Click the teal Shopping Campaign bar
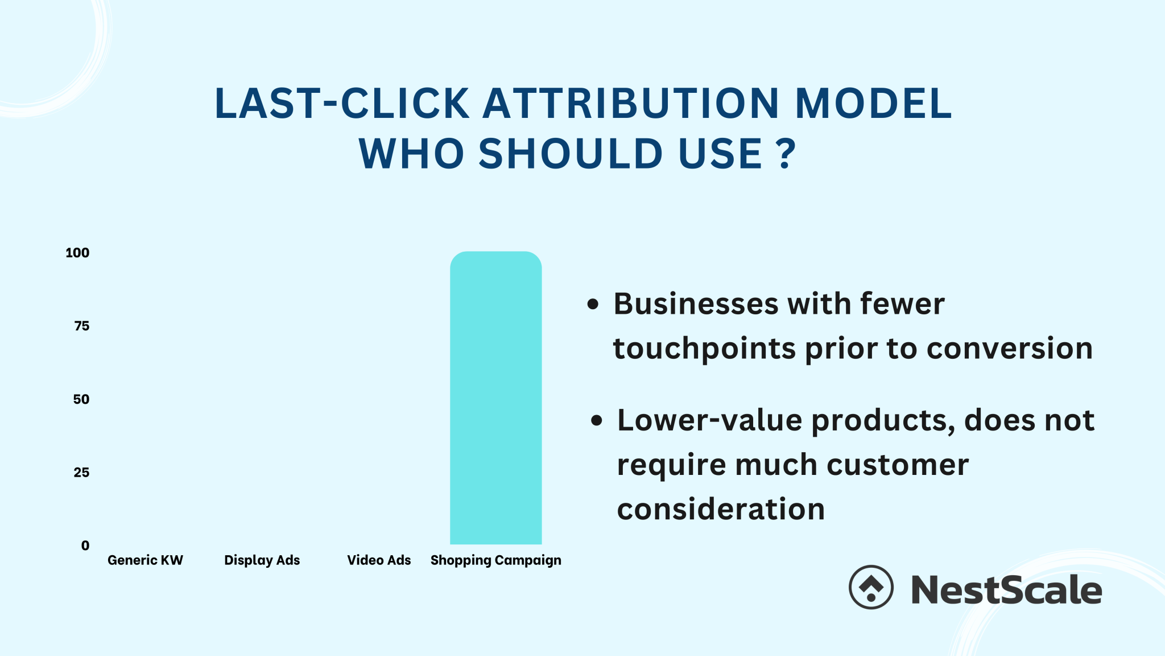pyautogui.click(x=495, y=398)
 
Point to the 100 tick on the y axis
pyautogui.click(x=77, y=253)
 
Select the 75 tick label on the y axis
pyautogui.click(x=81, y=326)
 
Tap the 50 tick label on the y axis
pyautogui.click(x=81, y=399)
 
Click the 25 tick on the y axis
pyautogui.click(x=81, y=472)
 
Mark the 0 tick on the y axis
pyautogui.click(x=85, y=546)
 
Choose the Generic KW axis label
pyautogui.click(x=145, y=560)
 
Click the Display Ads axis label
pyautogui.click(x=262, y=560)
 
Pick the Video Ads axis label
pyautogui.click(x=379, y=560)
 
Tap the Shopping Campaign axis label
pyautogui.click(x=495, y=560)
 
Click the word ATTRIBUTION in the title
pyautogui.click(x=631, y=104)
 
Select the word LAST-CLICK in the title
pyautogui.click(x=341, y=104)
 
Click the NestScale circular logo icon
pyautogui.click(x=871, y=587)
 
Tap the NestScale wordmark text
pyautogui.click(x=1006, y=589)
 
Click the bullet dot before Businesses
pyautogui.click(x=593, y=304)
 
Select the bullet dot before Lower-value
pyautogui.click(x=596, y=421)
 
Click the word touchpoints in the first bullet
pyautogui.click(x=704, y=348)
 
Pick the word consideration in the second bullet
pyautogui.click(x=721, y=509)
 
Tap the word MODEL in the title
pyautogui.click(x=873, y=104)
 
